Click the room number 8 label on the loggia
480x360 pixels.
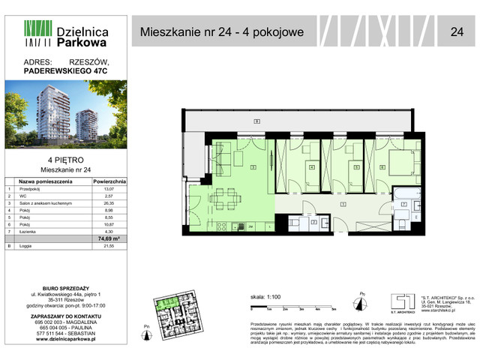click(x=256, y=121)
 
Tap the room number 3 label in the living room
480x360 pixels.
click(x=253, y=166)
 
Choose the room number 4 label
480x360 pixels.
click(x=310, y=167)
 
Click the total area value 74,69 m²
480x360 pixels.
click(x=111, y=238)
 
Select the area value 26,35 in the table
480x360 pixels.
click(x=111, y=204)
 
